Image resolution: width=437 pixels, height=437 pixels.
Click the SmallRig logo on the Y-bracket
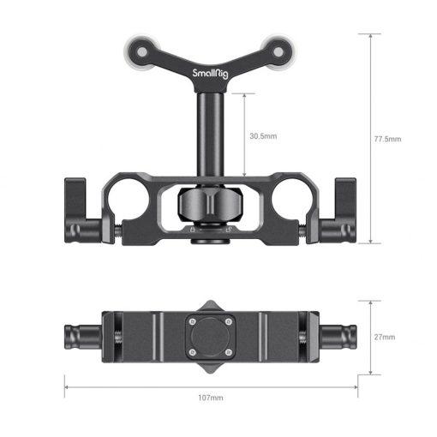coord(211,74)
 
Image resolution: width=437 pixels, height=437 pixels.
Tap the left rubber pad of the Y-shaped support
coord(142,47)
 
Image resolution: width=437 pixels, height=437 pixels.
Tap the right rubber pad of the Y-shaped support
coord(277,47)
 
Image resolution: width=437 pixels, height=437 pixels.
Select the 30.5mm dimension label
coord(263,135)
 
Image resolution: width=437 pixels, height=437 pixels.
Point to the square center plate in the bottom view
coord(210,337)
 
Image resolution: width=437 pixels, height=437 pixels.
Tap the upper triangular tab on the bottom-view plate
coord(210,306)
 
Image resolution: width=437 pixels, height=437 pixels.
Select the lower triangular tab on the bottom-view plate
coord(210,368)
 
